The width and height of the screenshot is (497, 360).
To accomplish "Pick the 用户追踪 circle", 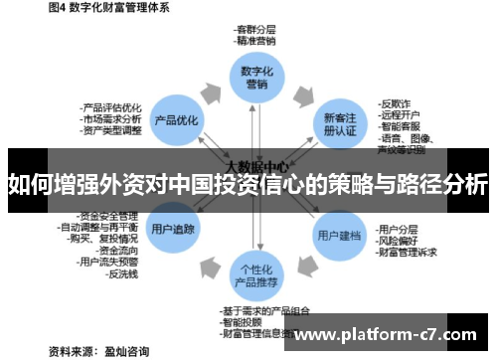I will point(173,229).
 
